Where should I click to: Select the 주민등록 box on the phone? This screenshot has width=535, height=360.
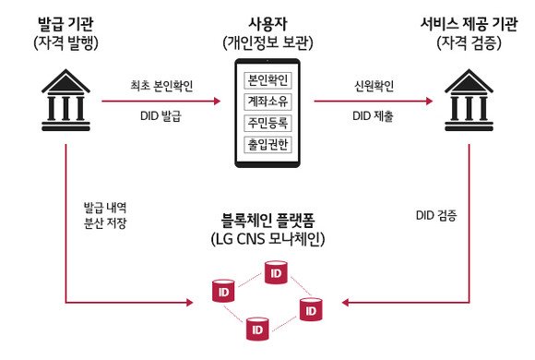pyautogui.click(x=266, y=123)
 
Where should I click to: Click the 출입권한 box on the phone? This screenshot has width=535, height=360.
pyautogui.click(x=266, y=145)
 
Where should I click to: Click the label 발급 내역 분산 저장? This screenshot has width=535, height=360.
pyautogui.click(x=104, y=215)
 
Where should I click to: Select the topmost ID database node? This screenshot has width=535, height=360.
pyautogui.click(x=274, y=271)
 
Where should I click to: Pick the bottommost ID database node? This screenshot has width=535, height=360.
pyautogui.click(x=256, y=328)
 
